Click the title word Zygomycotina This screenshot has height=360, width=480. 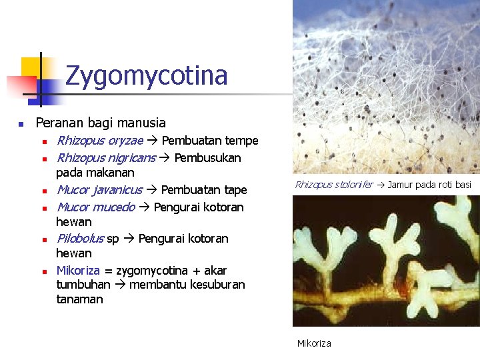coord(147,76)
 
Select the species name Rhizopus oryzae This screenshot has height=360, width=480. coord(99,141)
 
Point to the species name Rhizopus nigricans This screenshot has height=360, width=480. coord(106,158)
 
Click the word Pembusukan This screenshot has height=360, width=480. coord(208,158)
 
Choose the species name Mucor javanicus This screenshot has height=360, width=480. coord(99,190)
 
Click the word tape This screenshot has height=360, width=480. coord(235,190)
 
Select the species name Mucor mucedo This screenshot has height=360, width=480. coord(95,207)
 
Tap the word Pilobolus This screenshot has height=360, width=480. coord(80,239)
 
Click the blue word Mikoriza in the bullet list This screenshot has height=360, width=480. coord(78,271)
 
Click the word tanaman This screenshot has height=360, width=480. coord(80,299)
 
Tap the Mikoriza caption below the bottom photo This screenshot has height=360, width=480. coord(314,343)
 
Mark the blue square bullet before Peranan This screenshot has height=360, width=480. coord(21,124)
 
